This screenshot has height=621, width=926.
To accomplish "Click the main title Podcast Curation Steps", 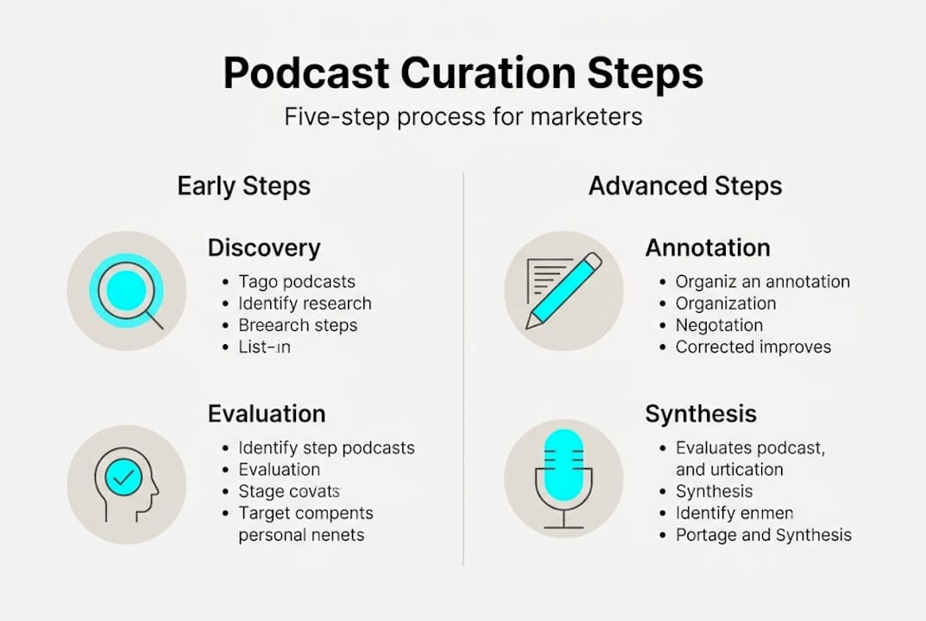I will point(463,74).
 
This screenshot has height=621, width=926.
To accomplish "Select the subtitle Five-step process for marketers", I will point(463,116).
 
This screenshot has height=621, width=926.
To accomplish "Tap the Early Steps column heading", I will point(243,186).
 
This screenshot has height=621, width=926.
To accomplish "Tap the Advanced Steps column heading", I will point(684,186).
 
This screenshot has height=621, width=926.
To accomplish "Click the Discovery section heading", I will point(263,248).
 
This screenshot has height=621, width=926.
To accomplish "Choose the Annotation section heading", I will point(707,248).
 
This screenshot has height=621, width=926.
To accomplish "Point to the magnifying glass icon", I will point(128,291).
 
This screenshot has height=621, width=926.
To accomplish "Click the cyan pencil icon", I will point(564,291).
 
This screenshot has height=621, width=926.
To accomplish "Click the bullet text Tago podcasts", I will point(296,281).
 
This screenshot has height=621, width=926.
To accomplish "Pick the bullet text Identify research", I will point(305,304).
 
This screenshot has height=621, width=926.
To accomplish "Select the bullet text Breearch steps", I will point(298,325).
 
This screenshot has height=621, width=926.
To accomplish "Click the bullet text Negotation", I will point(719,325).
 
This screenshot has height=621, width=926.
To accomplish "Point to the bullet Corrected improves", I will point(753,347).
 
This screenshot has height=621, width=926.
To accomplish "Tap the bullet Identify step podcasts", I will point(326,448).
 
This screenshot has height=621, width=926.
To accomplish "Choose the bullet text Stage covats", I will point(289,492).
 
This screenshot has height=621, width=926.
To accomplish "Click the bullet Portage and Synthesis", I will point(763,535).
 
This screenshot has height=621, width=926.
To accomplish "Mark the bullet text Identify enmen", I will point(734,513).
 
